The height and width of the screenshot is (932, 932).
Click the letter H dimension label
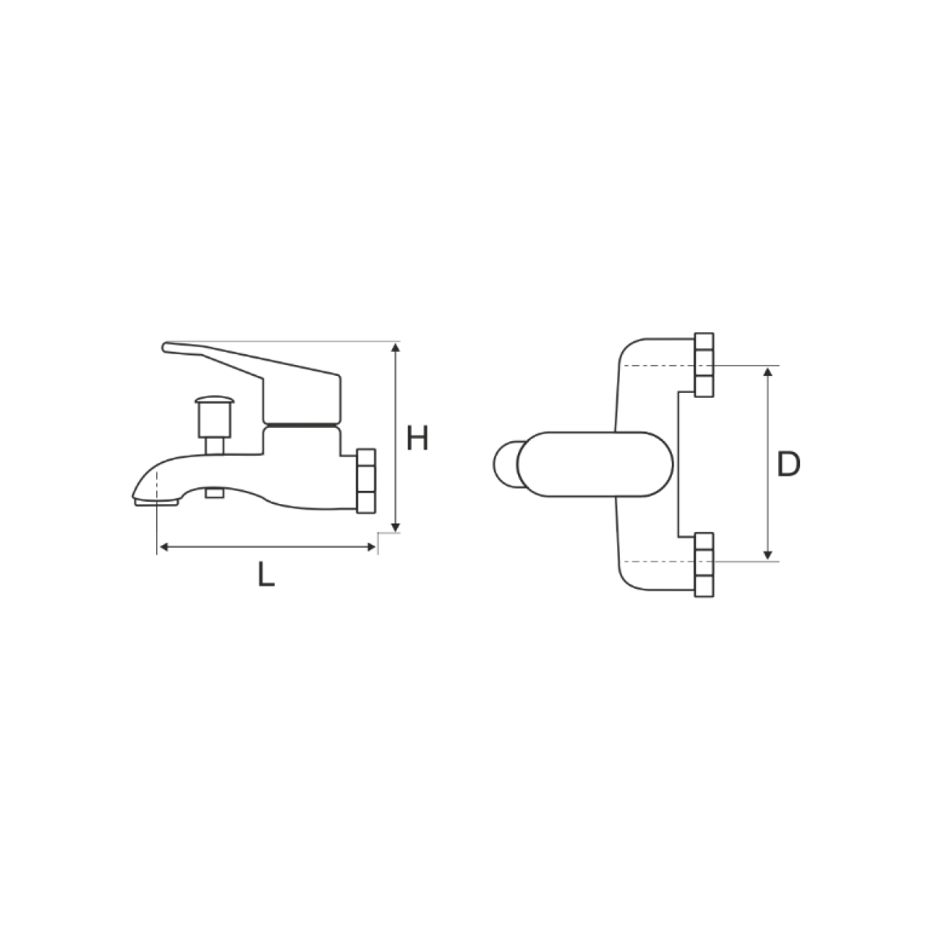click(417, 438)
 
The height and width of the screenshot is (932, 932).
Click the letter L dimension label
click(266, 575)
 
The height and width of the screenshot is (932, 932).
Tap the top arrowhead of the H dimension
click(395, 347)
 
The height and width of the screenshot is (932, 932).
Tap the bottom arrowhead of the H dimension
click(395, 527)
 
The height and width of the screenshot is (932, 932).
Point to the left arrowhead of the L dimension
click(164, 547)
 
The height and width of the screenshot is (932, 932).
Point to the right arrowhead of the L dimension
click(371, 547)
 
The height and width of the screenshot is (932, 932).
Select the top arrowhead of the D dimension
click(767, 371)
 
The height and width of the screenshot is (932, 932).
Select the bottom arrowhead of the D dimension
click(767, 555)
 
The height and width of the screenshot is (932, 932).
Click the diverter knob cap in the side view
click(214, 399)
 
